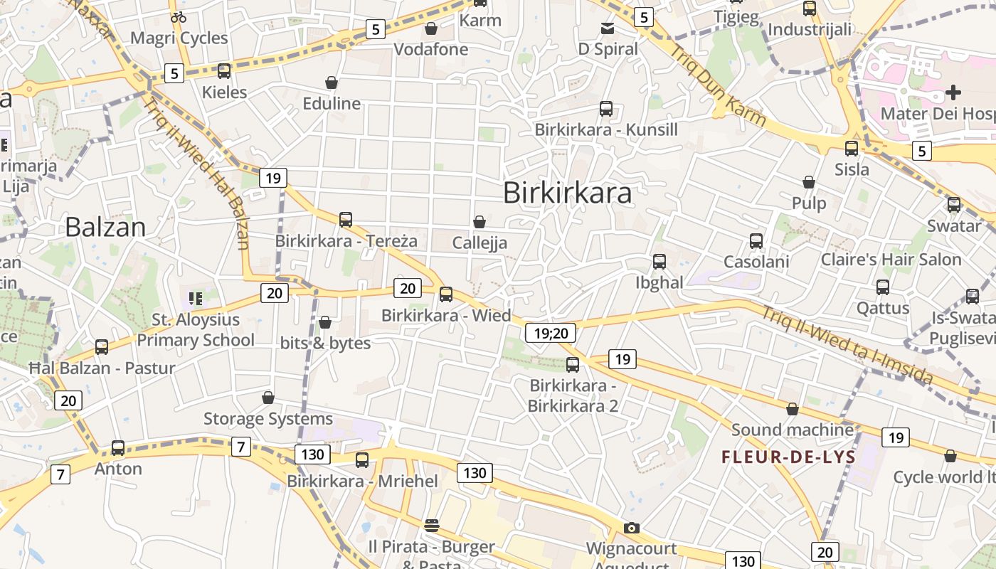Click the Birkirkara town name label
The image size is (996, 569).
pyautogui.click(x=567, y=193)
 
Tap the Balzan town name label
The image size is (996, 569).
pyautogui.click(x=105, y=227)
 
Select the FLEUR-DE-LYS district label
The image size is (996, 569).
pyautogui.click(x=788, y=457)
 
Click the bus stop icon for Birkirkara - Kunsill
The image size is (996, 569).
pyautogui.click(x=606, y=109)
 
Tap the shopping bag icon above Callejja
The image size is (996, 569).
pyautogui.click(x=480, y=222)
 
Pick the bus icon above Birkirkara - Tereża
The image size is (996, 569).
pyautogui.click(x=346, y=220)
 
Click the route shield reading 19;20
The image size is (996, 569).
pyautogui.click(x=551, y=333)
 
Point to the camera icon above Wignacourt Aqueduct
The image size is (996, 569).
pyautogui.click(x=631, y=528)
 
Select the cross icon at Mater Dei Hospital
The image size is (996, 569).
pyautogui.click(x=953, y=92)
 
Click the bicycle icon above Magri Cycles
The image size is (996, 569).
pyautogui.click(x=179, y=17)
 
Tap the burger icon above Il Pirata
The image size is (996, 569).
pyautogui.click(x=431, y=526)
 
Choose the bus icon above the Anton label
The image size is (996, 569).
pyautogui.click(x=118, y=448)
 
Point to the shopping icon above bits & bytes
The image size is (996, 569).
pyautogui.click(x=325, y=323)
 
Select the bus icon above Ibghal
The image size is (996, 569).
pyautogui.click(x=659, y=262)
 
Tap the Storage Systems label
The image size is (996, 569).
pyautogui.click(x=268, y=419)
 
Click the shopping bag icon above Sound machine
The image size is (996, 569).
pyautogui.click(x=793, y=409)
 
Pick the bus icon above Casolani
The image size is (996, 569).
pyautogui.click(x=756, y=241)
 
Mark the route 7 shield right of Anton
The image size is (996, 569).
pyautogui.click(x=241, y=447)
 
